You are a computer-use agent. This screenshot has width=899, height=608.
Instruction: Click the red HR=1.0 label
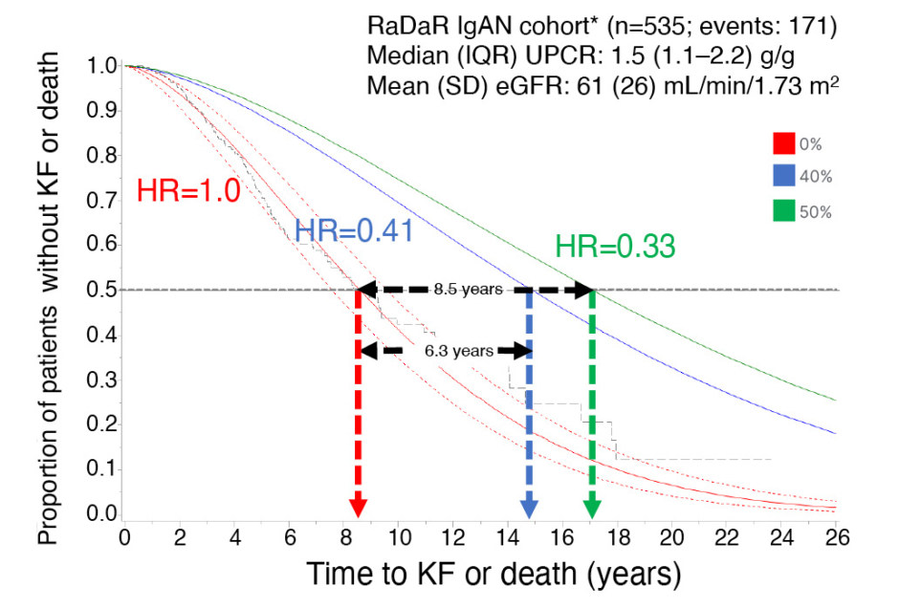pos(187,189)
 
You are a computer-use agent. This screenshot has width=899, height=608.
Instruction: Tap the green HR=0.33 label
pos(615,246)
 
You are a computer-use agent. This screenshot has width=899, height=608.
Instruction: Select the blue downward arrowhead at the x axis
pos(531,507)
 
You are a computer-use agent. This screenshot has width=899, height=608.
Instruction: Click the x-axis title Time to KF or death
pos(493,574)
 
